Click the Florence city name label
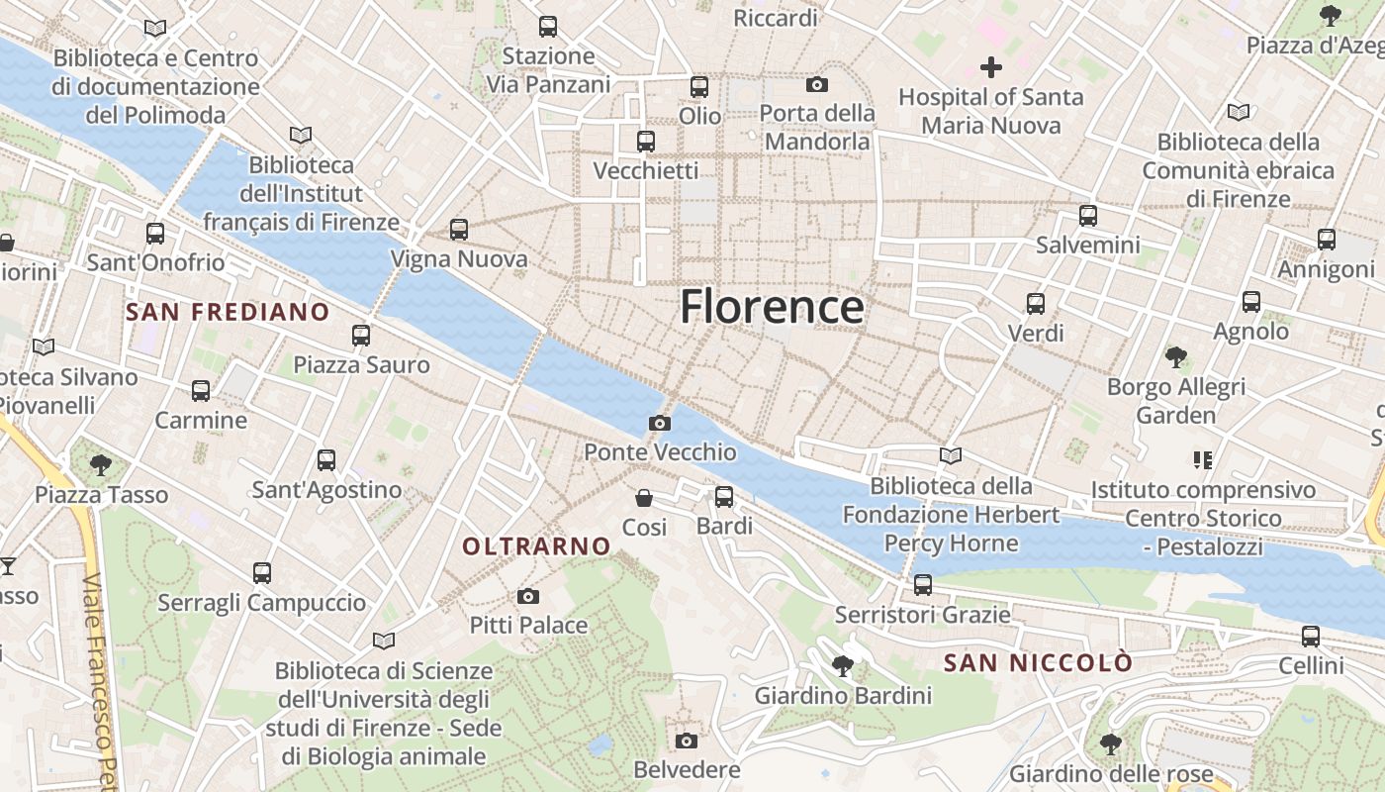tap(772, 307)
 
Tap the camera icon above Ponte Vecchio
tap(660, 424)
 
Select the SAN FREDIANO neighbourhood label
tap(228, 313)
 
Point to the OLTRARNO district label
tap(536, 545)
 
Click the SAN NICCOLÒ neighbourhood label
tap(1038, 662)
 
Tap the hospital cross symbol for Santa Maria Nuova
tap(991, 67)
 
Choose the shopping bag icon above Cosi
tap(644, 497)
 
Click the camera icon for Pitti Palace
tap(528, 596)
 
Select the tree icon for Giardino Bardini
tap(843, 665)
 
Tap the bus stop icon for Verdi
tap(1036, 304)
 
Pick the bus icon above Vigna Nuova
tap(459, 230)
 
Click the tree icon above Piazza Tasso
tap(100, 464)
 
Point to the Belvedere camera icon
tap(687, 741)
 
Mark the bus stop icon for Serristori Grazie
tap(923, 585)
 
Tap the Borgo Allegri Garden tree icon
tap(1175, 356)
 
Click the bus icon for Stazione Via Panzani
tap(548, 27)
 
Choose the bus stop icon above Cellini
tap(1311, 637)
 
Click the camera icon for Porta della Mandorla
tap(817, 84)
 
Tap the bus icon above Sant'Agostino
tap(326, 460)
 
